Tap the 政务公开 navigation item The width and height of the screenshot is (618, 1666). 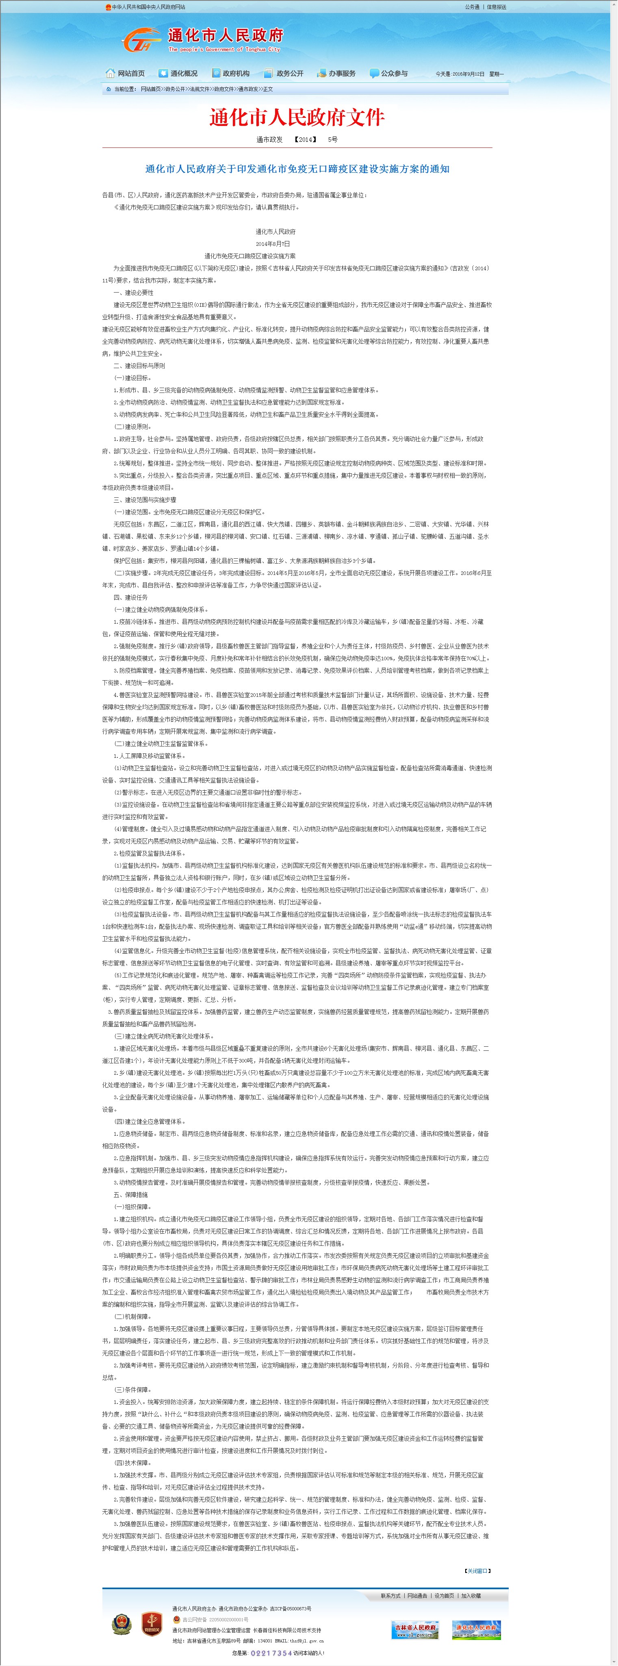click(x=284, y=74)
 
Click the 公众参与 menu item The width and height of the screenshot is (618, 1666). click(x=389, y=74)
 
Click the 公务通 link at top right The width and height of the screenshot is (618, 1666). click(x=472, y=7)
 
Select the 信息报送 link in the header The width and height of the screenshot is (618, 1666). click(x=497, y=7)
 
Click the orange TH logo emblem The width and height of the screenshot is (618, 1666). click(x=141, y=41)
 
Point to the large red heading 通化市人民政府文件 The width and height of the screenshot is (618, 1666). click(x=297, y=117)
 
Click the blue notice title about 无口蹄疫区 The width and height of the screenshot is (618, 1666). click(x=297, y=169)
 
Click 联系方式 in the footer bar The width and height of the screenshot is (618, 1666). click(x=390, y=1596)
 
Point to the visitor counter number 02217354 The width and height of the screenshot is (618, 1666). click(x=271, y=1653)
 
